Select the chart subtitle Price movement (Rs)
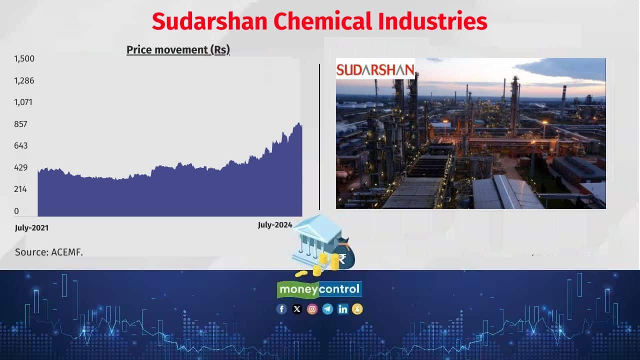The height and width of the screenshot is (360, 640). click(178, 50)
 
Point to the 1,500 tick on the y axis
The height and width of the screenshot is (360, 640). click(24, 59)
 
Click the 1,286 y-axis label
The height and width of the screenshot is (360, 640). click(24, 80)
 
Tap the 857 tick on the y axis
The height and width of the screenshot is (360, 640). click(21, 124)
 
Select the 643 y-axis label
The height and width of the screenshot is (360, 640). click(21, 145)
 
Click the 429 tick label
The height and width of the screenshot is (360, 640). click(21, 167)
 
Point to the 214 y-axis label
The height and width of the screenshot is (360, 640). click(21, 189)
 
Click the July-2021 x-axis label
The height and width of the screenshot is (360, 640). click(32, 228)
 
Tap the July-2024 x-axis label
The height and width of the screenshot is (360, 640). click(275, 225)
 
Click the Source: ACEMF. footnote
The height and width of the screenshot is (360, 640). click(49, 252)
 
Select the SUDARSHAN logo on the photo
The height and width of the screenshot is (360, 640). click(375, 69)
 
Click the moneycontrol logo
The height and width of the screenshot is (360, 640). click(319, 289)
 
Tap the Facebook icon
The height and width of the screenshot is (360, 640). click(282, 309)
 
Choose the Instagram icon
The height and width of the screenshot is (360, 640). click(312, 309)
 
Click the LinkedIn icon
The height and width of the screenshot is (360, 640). click(342, 309)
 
